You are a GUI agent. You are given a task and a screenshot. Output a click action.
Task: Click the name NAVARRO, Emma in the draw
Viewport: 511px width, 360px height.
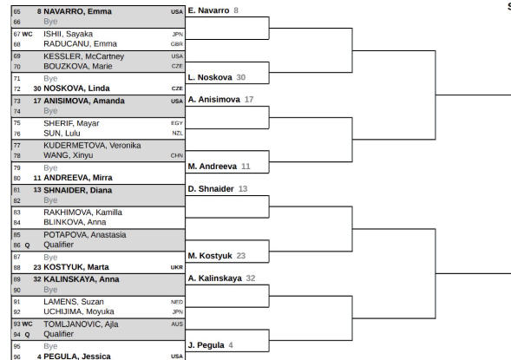point(77,11)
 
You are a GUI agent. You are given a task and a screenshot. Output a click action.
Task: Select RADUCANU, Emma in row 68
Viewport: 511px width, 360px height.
point(80,43)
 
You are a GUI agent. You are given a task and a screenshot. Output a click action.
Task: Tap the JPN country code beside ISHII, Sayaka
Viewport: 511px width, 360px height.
point(178,34)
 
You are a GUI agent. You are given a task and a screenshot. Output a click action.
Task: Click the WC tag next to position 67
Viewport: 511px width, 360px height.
point(28,34)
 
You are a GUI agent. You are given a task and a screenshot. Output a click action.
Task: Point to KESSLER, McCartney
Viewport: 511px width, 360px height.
point(84,56)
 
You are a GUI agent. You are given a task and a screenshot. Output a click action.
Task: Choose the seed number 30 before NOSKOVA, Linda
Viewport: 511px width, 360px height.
point(37,88)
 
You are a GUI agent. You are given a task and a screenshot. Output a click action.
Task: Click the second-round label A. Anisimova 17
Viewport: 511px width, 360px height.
point(220,100)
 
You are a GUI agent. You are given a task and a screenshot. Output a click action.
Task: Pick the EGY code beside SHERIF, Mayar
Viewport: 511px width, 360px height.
point(177,123)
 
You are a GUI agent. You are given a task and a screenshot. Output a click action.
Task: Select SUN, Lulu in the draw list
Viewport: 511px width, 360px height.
point(62,134)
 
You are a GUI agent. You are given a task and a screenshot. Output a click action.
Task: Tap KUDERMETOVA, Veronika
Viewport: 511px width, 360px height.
point(92,146)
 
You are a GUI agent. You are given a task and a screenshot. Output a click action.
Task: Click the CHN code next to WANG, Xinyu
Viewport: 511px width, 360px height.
point(177,156)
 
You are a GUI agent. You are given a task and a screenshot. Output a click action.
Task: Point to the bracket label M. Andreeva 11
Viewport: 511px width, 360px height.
point(219,167)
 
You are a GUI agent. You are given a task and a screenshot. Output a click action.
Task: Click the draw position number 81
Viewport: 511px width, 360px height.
point(17,190)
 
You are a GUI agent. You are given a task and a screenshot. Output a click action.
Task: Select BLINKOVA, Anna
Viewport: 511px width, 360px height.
point(75,222)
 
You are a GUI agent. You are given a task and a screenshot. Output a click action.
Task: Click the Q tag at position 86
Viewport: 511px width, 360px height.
point(28,245)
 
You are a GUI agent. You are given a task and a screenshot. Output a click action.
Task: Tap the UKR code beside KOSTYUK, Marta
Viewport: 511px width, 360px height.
point(177,267)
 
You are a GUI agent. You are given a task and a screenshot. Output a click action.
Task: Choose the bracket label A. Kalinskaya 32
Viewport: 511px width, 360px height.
point(221,278)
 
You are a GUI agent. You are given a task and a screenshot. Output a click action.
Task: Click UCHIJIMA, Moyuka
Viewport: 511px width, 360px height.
point(79,311)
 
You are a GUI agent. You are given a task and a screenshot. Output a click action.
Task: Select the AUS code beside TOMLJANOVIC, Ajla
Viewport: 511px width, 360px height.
point(177,324)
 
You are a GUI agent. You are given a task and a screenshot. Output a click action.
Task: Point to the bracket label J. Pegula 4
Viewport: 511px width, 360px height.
point(211,345)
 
